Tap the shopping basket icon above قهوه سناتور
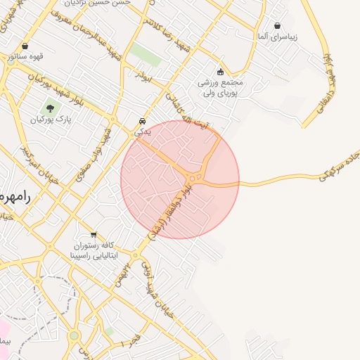click(25, 47)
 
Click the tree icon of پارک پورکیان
click(49, 108)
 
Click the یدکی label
click(143, 131)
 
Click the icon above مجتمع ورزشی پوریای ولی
click(220, 71)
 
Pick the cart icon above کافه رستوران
click(94, 235)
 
